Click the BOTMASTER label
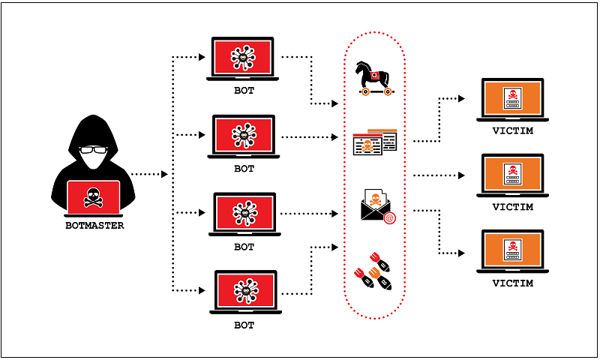[94, 225]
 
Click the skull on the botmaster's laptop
[93, 196]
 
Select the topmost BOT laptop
[244, 60]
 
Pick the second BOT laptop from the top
[244, 137]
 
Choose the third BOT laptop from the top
[244, 215]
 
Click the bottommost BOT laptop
[244, 293]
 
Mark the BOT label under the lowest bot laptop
[244, 325]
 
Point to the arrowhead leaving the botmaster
[164, 175]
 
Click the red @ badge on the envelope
[389, 218]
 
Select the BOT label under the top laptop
[244, 91]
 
